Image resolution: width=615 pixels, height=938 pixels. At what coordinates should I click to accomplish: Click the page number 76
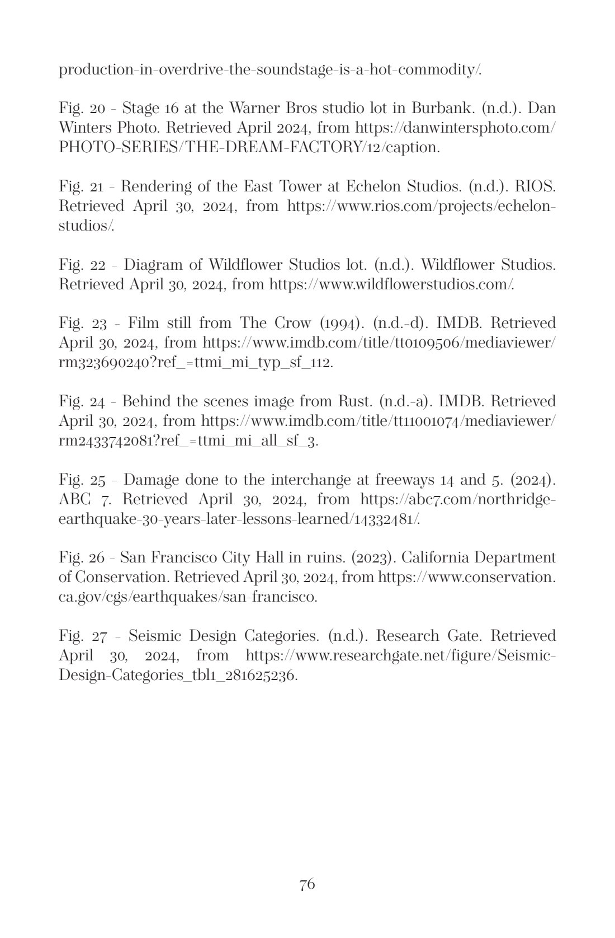pyautogui.click(x=307, y=885)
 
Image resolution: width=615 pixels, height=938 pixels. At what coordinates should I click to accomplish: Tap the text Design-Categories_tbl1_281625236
pyautogui.click(x=178, y=675)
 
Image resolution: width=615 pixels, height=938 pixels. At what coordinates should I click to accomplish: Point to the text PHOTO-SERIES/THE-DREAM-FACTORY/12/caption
pyautogui.click(x=249, y=147)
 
